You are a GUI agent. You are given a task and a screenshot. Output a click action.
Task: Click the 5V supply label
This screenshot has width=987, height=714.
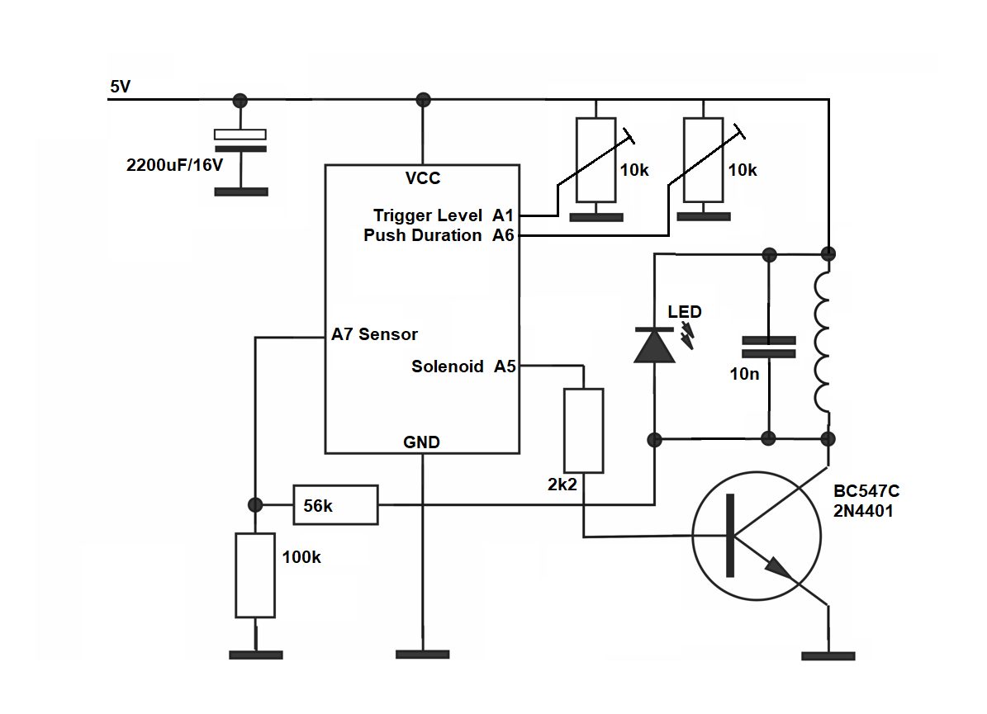(120, 86)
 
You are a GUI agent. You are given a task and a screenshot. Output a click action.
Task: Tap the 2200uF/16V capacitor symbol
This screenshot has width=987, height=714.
(240, 141)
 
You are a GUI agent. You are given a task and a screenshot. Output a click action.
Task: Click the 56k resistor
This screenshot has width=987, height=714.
(335, 504)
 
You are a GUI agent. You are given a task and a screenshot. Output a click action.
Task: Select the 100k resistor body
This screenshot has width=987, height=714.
(255, 575)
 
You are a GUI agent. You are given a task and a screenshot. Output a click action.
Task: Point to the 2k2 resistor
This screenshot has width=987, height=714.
(583, 430)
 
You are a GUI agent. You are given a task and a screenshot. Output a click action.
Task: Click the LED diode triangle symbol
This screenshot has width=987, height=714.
(654, 345)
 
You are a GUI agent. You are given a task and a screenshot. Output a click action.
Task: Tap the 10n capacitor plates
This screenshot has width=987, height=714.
(769, 347)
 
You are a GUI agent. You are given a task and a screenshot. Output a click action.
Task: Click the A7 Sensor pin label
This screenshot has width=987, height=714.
(374, 335)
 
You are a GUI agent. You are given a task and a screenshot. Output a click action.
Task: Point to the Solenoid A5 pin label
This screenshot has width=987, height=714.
(463, 366)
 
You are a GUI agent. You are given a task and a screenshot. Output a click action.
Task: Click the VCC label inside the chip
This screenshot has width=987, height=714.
(423, 178)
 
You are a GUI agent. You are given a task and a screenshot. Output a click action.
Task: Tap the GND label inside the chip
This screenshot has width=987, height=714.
(421, 442)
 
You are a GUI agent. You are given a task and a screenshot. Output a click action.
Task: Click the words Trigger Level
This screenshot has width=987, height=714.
(428, 215)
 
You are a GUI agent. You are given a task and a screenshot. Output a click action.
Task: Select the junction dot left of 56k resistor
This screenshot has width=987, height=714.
(255, 504)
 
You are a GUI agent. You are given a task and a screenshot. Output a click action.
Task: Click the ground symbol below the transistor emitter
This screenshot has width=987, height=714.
(828, 656)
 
